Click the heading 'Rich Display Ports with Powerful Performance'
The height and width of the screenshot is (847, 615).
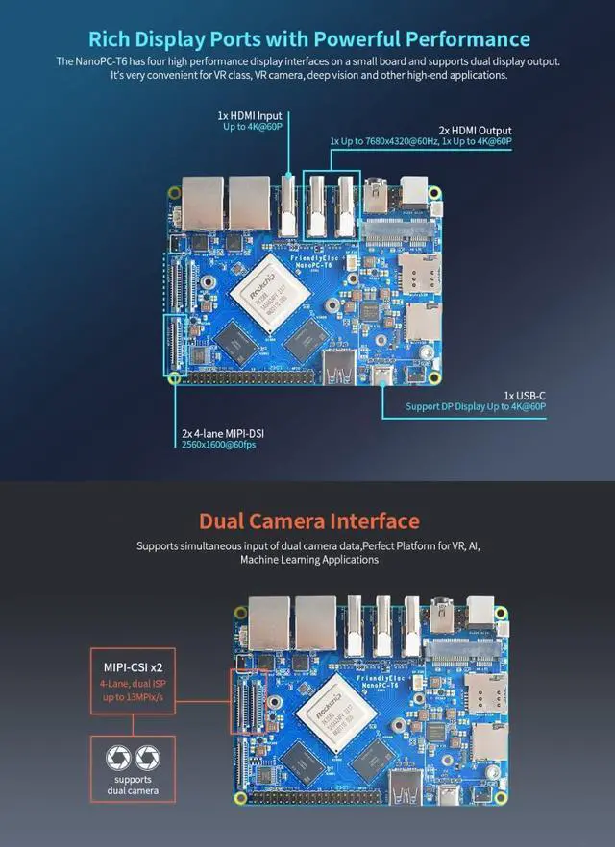click(308, 39)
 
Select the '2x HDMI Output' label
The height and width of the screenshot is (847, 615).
click(475, 130)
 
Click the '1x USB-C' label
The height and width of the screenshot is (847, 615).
click(525, 395)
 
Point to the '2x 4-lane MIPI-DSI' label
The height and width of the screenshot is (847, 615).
click(223, 434)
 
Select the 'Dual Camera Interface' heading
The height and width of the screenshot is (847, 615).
click(308, 521)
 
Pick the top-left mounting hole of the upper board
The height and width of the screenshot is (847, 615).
click(173, 193)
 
